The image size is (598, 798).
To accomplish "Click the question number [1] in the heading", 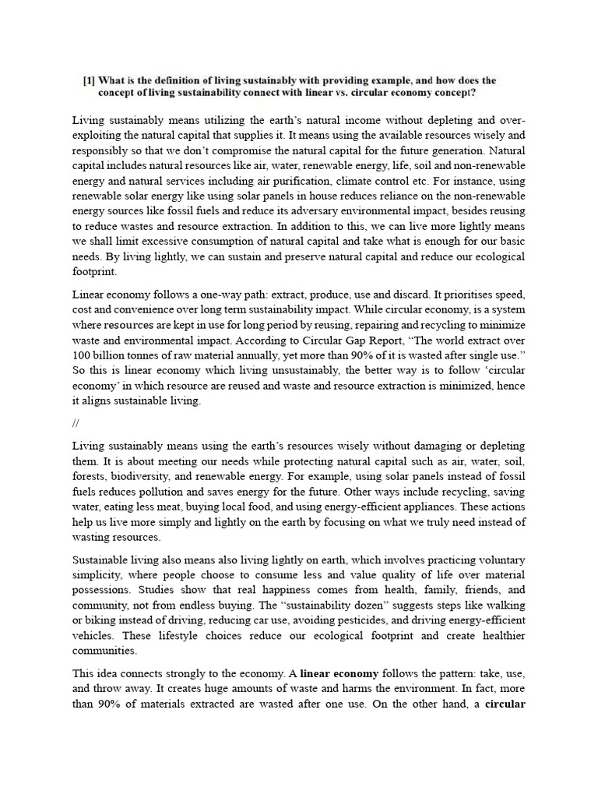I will pos(90,80).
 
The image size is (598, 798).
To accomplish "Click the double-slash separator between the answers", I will pos(75,423).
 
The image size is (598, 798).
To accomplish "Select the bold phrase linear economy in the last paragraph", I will pos(343,673).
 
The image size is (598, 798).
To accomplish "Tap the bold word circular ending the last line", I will pos(505,703).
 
